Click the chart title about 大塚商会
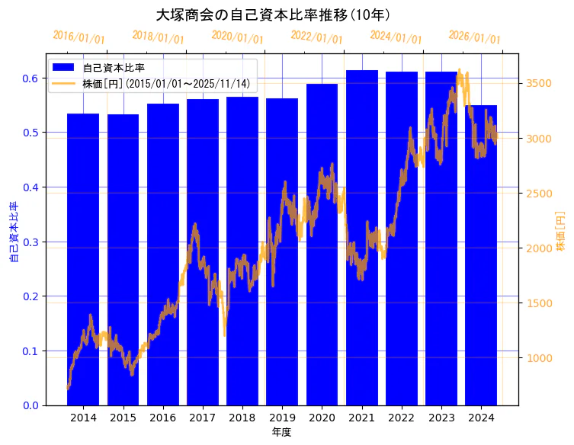click(x=273, y=14)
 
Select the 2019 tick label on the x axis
click(x=282, y=418)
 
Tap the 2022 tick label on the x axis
click(x=401, y=418)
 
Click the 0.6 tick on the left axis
click(x=30, y=78)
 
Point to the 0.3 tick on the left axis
click(x=30, y=242)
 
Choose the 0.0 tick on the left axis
click(x=30, y=405)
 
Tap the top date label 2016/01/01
click(x=79, y=37)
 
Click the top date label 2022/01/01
click(x=317, y=37)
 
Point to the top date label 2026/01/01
click(x=475, y=37)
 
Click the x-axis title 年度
click(x=282, y=432)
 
